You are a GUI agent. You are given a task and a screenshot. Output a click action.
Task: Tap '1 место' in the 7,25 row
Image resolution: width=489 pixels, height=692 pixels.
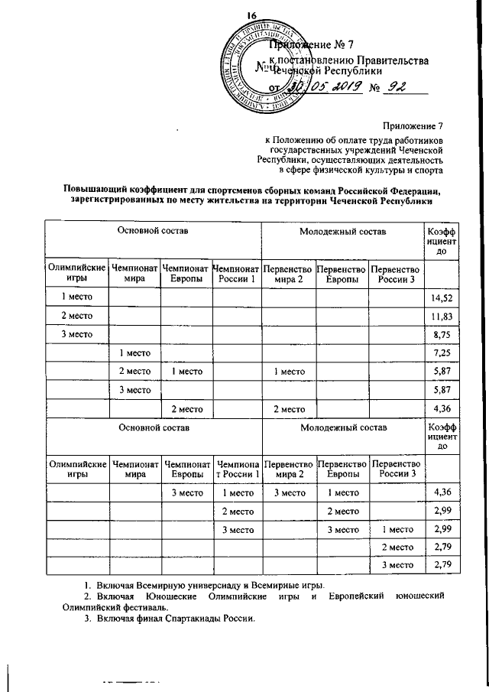[134, 352]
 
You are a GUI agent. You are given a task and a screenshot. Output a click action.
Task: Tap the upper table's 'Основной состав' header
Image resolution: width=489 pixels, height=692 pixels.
[152, 229]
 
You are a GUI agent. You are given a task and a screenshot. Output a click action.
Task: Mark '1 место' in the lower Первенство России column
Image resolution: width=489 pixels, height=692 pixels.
[397, 528]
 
